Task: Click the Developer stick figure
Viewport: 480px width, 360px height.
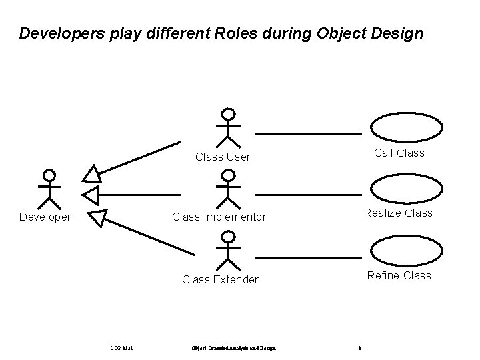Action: point(48,189)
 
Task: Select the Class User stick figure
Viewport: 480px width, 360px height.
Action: point(228,127)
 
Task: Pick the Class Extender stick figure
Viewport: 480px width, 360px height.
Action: point(228,250)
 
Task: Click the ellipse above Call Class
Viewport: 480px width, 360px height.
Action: point(406,127)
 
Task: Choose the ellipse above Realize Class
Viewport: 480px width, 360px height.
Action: point(406,188)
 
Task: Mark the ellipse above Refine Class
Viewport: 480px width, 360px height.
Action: point(406,250)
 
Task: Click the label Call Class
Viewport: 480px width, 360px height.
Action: point(399,153)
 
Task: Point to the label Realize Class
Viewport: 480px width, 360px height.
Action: point(398,213)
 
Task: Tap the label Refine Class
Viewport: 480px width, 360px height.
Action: point(399,275)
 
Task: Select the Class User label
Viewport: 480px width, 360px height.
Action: point(223,157)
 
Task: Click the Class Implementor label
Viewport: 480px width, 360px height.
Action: point(219,217)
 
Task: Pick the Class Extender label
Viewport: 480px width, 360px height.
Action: point(220,279)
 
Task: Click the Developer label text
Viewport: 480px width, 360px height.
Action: point(45,217)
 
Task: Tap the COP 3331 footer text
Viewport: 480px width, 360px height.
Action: point(122,347)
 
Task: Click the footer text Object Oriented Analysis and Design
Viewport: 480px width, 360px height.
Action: point(233,347)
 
